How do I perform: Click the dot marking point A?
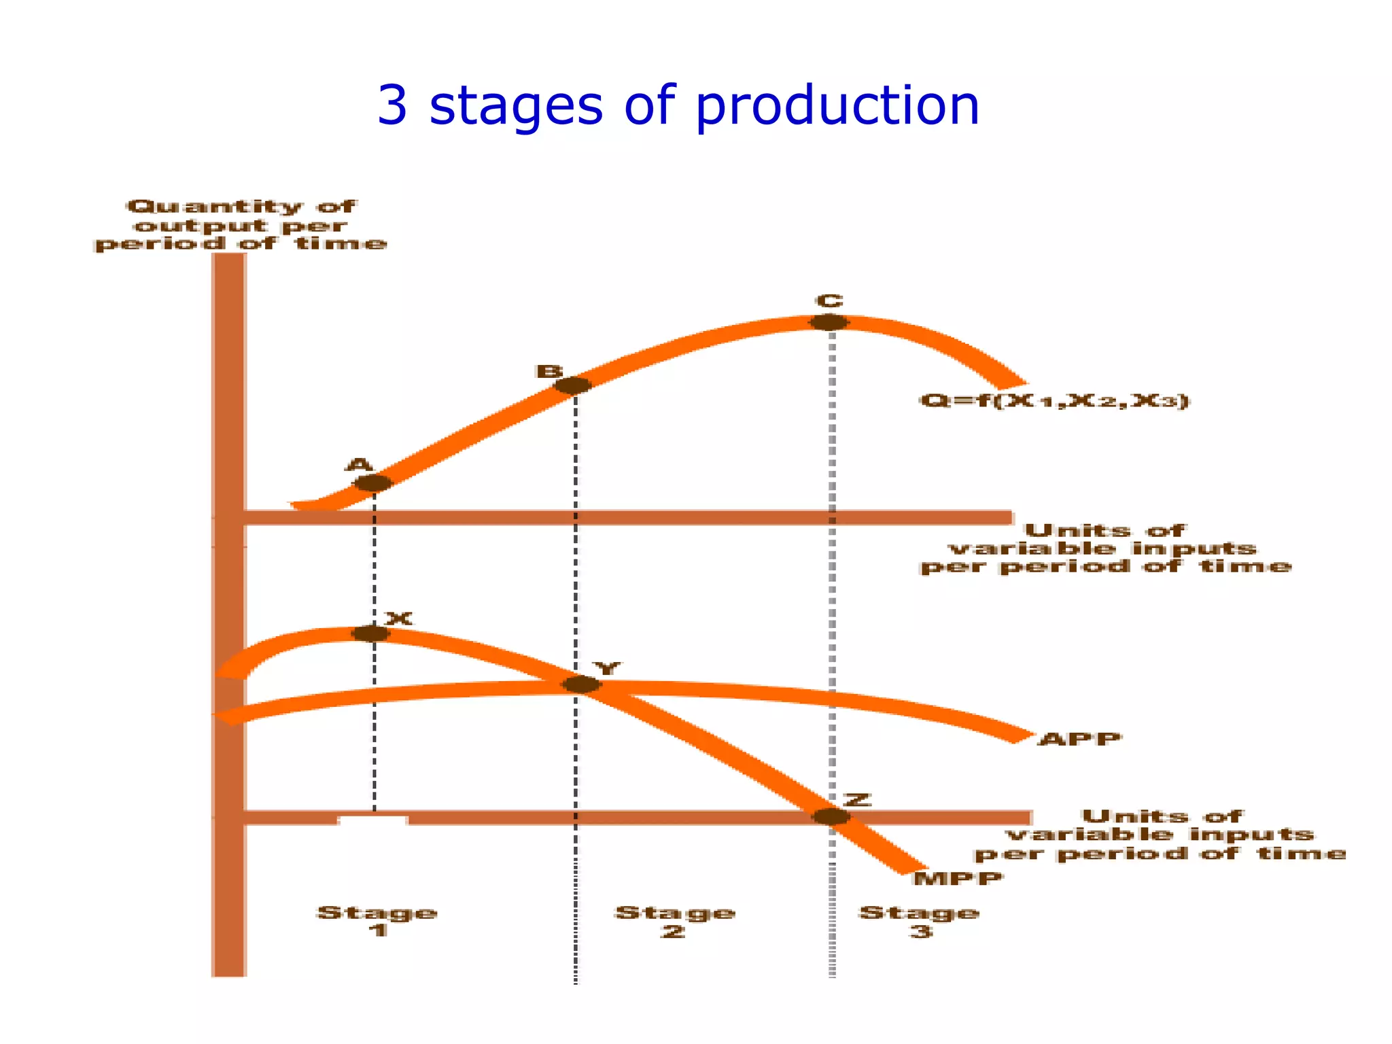pos(373,483)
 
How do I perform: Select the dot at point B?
pos(573,385)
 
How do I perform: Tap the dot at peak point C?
pos(829,322)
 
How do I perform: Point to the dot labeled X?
pos(371,633)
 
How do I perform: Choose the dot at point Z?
pos(831,816)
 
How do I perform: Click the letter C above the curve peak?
pos(829,301)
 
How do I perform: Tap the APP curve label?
pos(1079,739)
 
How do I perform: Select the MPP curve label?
pos(958,878)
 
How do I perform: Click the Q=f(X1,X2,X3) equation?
pos(1054,401)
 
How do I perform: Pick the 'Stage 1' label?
pos(377,921)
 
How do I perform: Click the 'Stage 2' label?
pos(674,921)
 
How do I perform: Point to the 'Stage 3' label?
pos(919,921)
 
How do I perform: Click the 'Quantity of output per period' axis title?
pos(241,225)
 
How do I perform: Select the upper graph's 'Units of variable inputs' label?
pos(1105,548)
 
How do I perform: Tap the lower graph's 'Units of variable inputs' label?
pos(1160,835)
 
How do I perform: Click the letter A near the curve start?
pos(360,465)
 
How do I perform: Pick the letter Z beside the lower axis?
pos(857,799)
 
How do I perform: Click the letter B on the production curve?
pos(549,372)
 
